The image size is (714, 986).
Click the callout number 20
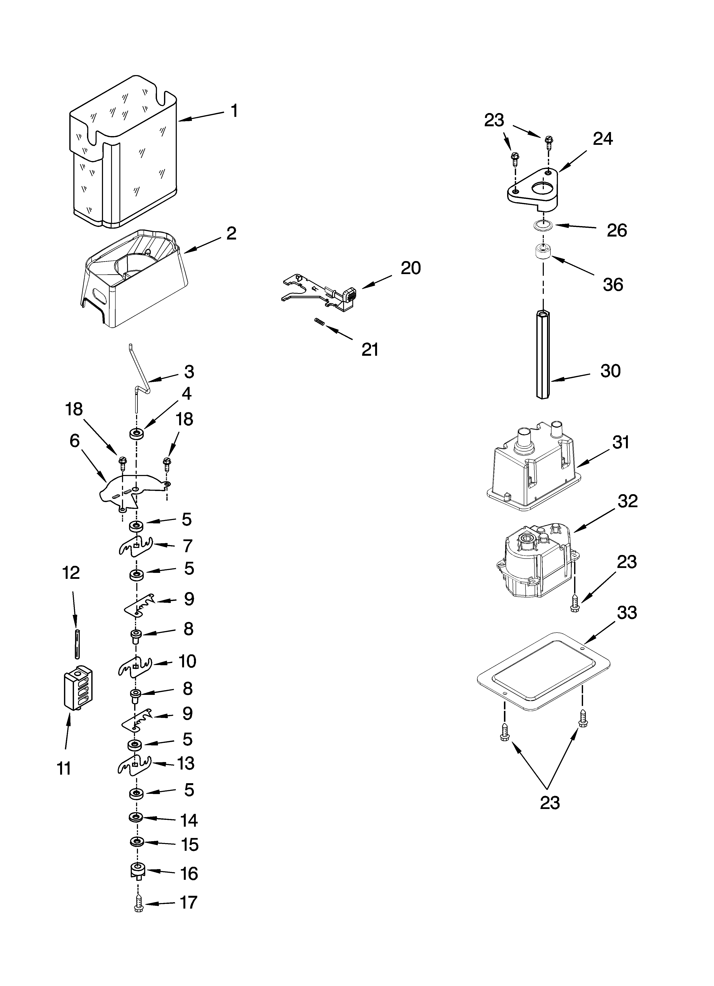(411, 268)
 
